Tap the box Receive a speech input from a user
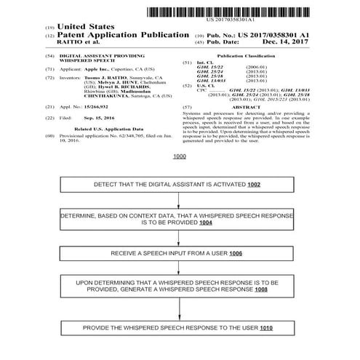point(179,253)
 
